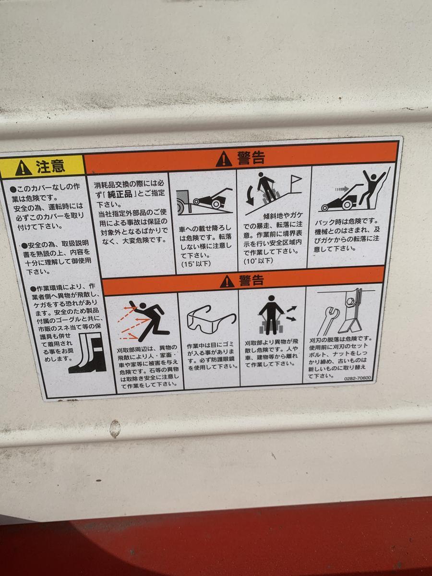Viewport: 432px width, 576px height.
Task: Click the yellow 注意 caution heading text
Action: pyautogui.click(x=50, y=167)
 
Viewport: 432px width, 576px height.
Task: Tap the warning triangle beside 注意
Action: pyautogui.click(x=24, y=168)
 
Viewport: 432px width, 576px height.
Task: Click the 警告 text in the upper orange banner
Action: pyautogui.click(x=251, y=158)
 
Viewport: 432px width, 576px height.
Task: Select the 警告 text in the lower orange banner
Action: pyautogui.click(x=251, y=280)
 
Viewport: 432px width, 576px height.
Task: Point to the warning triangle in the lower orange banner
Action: pyautogui.click(x=227, y=282)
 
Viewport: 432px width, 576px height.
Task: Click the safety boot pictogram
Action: pyautogui.click(x=88, y=352)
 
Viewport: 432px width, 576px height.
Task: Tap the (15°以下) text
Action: pyautogui.click(x=196, y=264)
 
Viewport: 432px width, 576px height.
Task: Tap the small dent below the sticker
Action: pyautogui.click(x=115, y=429)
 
